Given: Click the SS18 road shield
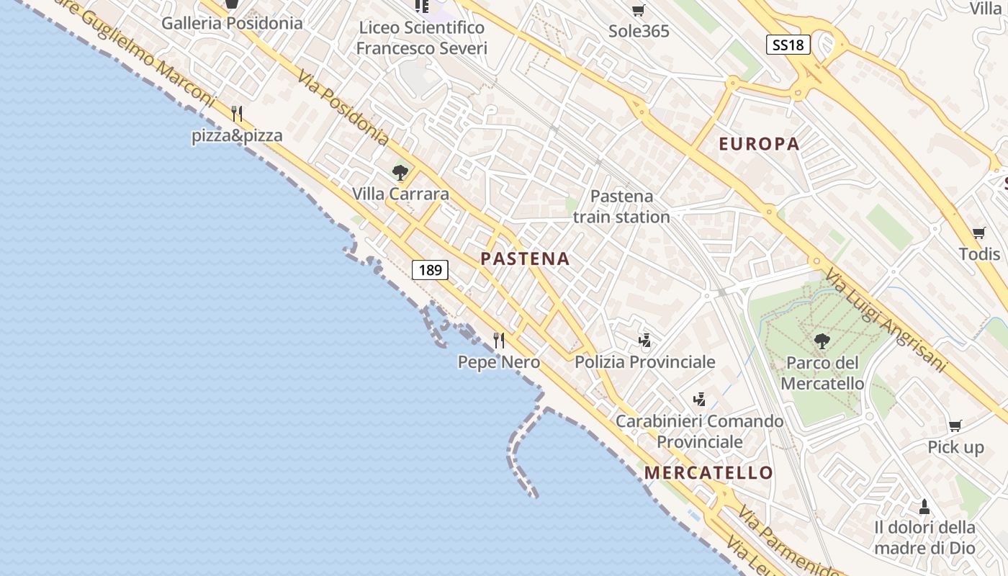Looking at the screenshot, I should click(788, 45).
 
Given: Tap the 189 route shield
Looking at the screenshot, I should click(430, 270).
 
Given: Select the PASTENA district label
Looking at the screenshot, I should click(525, 259).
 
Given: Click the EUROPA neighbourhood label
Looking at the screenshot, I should click(759, 144).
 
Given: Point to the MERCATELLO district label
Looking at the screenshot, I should click(708, 473).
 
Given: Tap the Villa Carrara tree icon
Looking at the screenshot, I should click(400, 173).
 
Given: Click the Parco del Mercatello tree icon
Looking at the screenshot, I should click(821, 341).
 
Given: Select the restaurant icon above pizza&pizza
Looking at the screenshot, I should click(237, 114).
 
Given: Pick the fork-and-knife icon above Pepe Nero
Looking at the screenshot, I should click(498, 340).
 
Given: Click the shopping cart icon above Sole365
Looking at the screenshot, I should click(638, 10).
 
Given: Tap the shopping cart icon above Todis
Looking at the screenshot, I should click(978, 233).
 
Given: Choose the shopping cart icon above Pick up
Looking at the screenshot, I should click(955, 426).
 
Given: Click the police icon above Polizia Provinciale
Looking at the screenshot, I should click(645, 340).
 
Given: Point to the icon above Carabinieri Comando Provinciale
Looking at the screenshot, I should click(699, 398).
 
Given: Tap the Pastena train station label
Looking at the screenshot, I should click(621, 207).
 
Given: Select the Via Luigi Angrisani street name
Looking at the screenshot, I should click(885, 321).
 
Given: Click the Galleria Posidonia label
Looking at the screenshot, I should click(232, 23).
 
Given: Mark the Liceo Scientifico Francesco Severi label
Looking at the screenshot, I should click(422, 38).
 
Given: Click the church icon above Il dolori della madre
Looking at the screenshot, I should click(924, 506).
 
